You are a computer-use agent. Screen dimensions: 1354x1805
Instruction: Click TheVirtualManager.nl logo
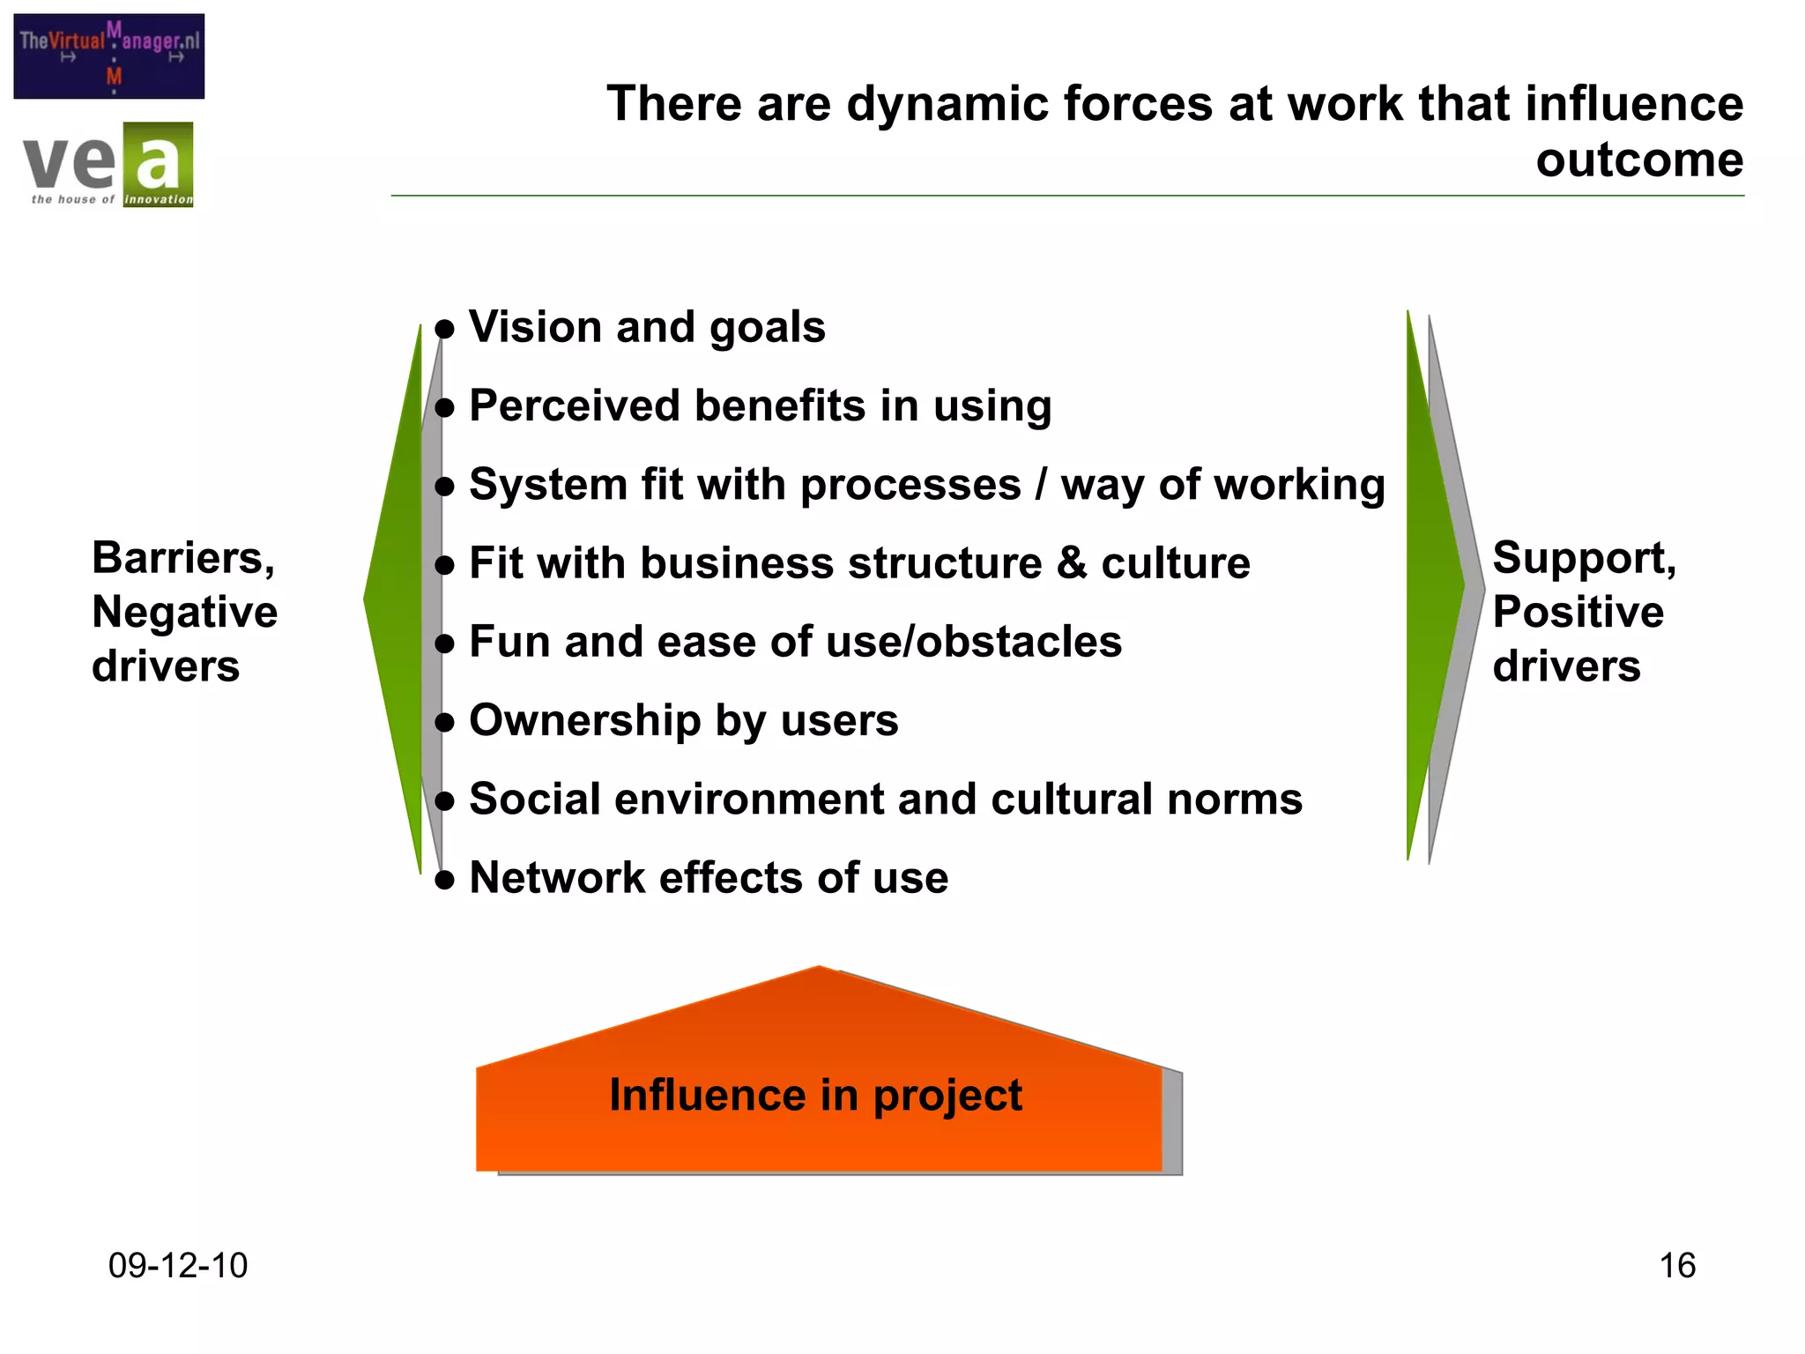point(109,56)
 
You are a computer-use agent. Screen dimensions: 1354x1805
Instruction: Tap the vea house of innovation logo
point(108,165)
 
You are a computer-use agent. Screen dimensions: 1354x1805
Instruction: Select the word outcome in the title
point(1639,160)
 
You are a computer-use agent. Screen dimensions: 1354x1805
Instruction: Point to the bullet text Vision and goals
point(647,327)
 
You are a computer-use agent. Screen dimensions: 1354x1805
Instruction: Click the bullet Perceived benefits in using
point(760,406)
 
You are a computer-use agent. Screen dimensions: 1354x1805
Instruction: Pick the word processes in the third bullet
point(910,485)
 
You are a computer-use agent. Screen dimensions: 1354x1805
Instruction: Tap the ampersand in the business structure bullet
point(1071,563)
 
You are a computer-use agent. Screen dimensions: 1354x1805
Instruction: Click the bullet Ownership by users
point(683,720)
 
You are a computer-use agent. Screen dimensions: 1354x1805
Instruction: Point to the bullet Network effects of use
point(709,878)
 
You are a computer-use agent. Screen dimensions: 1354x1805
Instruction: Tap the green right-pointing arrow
point(1435,584)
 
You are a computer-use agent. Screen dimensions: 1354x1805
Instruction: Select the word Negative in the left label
point(185,613)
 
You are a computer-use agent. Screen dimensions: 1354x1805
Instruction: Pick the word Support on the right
point(1584,558)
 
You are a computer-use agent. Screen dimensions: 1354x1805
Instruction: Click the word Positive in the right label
point(1578,613)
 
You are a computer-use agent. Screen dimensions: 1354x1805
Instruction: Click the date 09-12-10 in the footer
point(178,1266)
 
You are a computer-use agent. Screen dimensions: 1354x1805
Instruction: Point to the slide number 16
point(1677,1266)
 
